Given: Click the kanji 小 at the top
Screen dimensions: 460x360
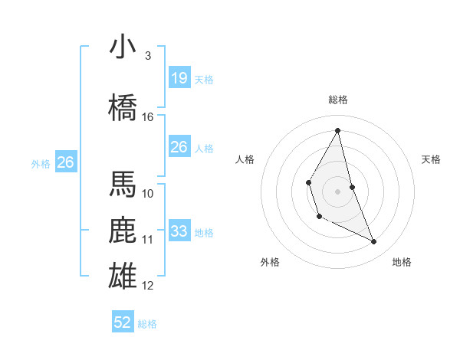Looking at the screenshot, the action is coord(123,46).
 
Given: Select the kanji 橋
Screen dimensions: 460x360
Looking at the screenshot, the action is coord(123,107).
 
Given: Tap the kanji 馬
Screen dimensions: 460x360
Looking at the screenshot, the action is coord(123,184).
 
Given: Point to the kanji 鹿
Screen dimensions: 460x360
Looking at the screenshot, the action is coord(123,230).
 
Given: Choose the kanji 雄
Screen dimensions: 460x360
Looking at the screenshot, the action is coord(123,276).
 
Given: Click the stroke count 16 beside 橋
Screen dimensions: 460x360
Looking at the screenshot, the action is coord(147,117).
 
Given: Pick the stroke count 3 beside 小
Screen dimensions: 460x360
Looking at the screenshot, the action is coord(148,56).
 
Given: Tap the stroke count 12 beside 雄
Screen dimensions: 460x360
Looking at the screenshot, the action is coord(147,286).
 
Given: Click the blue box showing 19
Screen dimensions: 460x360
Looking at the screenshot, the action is coord(179,77).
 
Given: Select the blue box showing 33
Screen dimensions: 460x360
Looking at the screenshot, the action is coord(179,230).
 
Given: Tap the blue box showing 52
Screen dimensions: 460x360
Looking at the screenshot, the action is coord(123,321).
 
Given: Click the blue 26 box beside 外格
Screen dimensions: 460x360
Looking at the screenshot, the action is coord(66,162).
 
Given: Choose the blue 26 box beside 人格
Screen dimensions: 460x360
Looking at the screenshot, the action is coord(179,146).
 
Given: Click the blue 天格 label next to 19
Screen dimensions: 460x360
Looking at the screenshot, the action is coord(204,80).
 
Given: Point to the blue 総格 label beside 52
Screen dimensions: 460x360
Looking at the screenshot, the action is coord(147,324).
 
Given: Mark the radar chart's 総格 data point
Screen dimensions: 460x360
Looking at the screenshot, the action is coord(337,130).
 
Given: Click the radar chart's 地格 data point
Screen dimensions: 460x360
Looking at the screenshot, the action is coord(374,241).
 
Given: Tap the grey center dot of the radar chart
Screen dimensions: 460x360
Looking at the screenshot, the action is coord(337,191).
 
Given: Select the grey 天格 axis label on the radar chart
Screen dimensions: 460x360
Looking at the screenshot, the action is coord(431,159).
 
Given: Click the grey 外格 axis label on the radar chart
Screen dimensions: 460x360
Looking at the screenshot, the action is coord(270,262).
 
